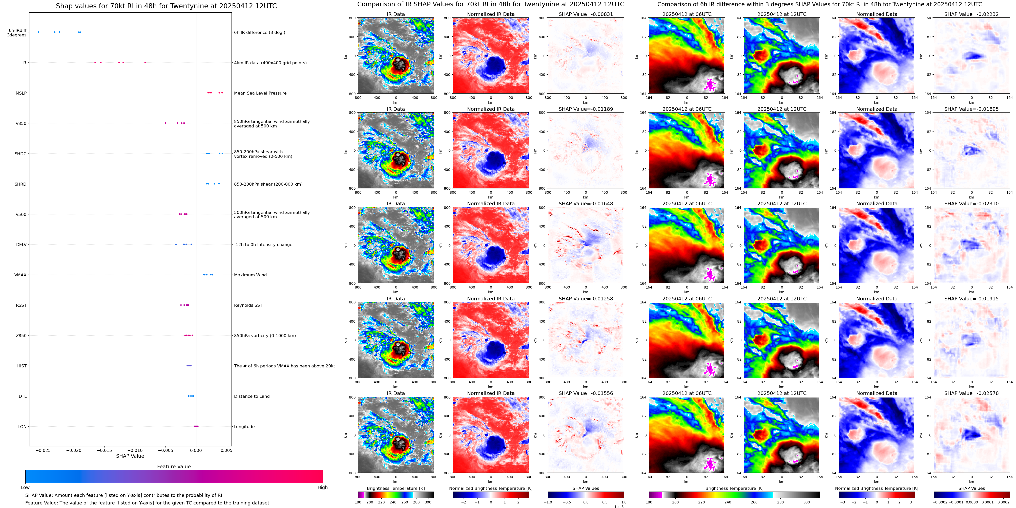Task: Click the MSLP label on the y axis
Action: (21, 93)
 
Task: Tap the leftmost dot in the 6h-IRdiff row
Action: (38, 32)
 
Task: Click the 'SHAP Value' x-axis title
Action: (130, 456)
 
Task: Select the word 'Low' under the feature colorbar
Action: (25, 488)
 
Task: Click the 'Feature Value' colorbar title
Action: (174, 467)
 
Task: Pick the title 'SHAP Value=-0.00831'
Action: (586, 14)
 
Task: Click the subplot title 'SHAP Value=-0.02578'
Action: (971, 393)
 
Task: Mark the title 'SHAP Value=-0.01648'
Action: (586, 204)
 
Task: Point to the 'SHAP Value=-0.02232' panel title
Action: (971, 14)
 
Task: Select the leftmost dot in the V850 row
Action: (165, 123)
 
